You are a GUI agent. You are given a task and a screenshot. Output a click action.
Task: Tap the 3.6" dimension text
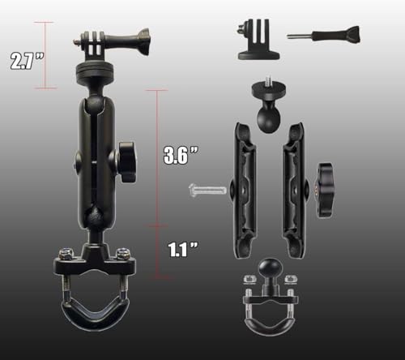181,156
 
